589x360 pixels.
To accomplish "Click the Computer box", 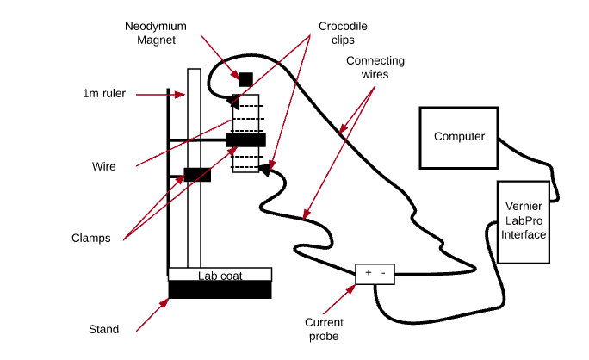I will pyautogui.click(x=459, y=137).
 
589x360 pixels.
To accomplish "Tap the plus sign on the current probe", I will pyautogui.click(x=369, y=273).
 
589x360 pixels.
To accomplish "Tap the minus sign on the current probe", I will pyautogui.click(x=384, y=273).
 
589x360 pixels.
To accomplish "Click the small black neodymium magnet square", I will pyautogui.click(x=245, y=79).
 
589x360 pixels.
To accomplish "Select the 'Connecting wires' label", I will pyautogui.click(x=374, y=68).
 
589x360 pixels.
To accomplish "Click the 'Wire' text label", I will pyautogui.click(x=103, y=165).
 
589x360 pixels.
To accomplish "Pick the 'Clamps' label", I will pyautogui.click(x=91, y=238).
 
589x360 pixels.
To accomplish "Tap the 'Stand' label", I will pyautogui.click(x=103, y=329).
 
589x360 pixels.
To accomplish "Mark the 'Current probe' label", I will pyautogui.click(x=323, y=329).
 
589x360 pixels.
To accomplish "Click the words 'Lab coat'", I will pyautogui.click(x=220, y=276).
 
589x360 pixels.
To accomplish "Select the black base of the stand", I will pyautogui.click(x=220, y=290).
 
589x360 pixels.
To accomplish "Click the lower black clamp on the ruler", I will pyautogui.click(x=197, y=175).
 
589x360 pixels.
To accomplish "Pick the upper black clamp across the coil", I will pyautogui.click(x=245, y=140).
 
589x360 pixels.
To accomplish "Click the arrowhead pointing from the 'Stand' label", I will pyautogui.click(x=167, y=300).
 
